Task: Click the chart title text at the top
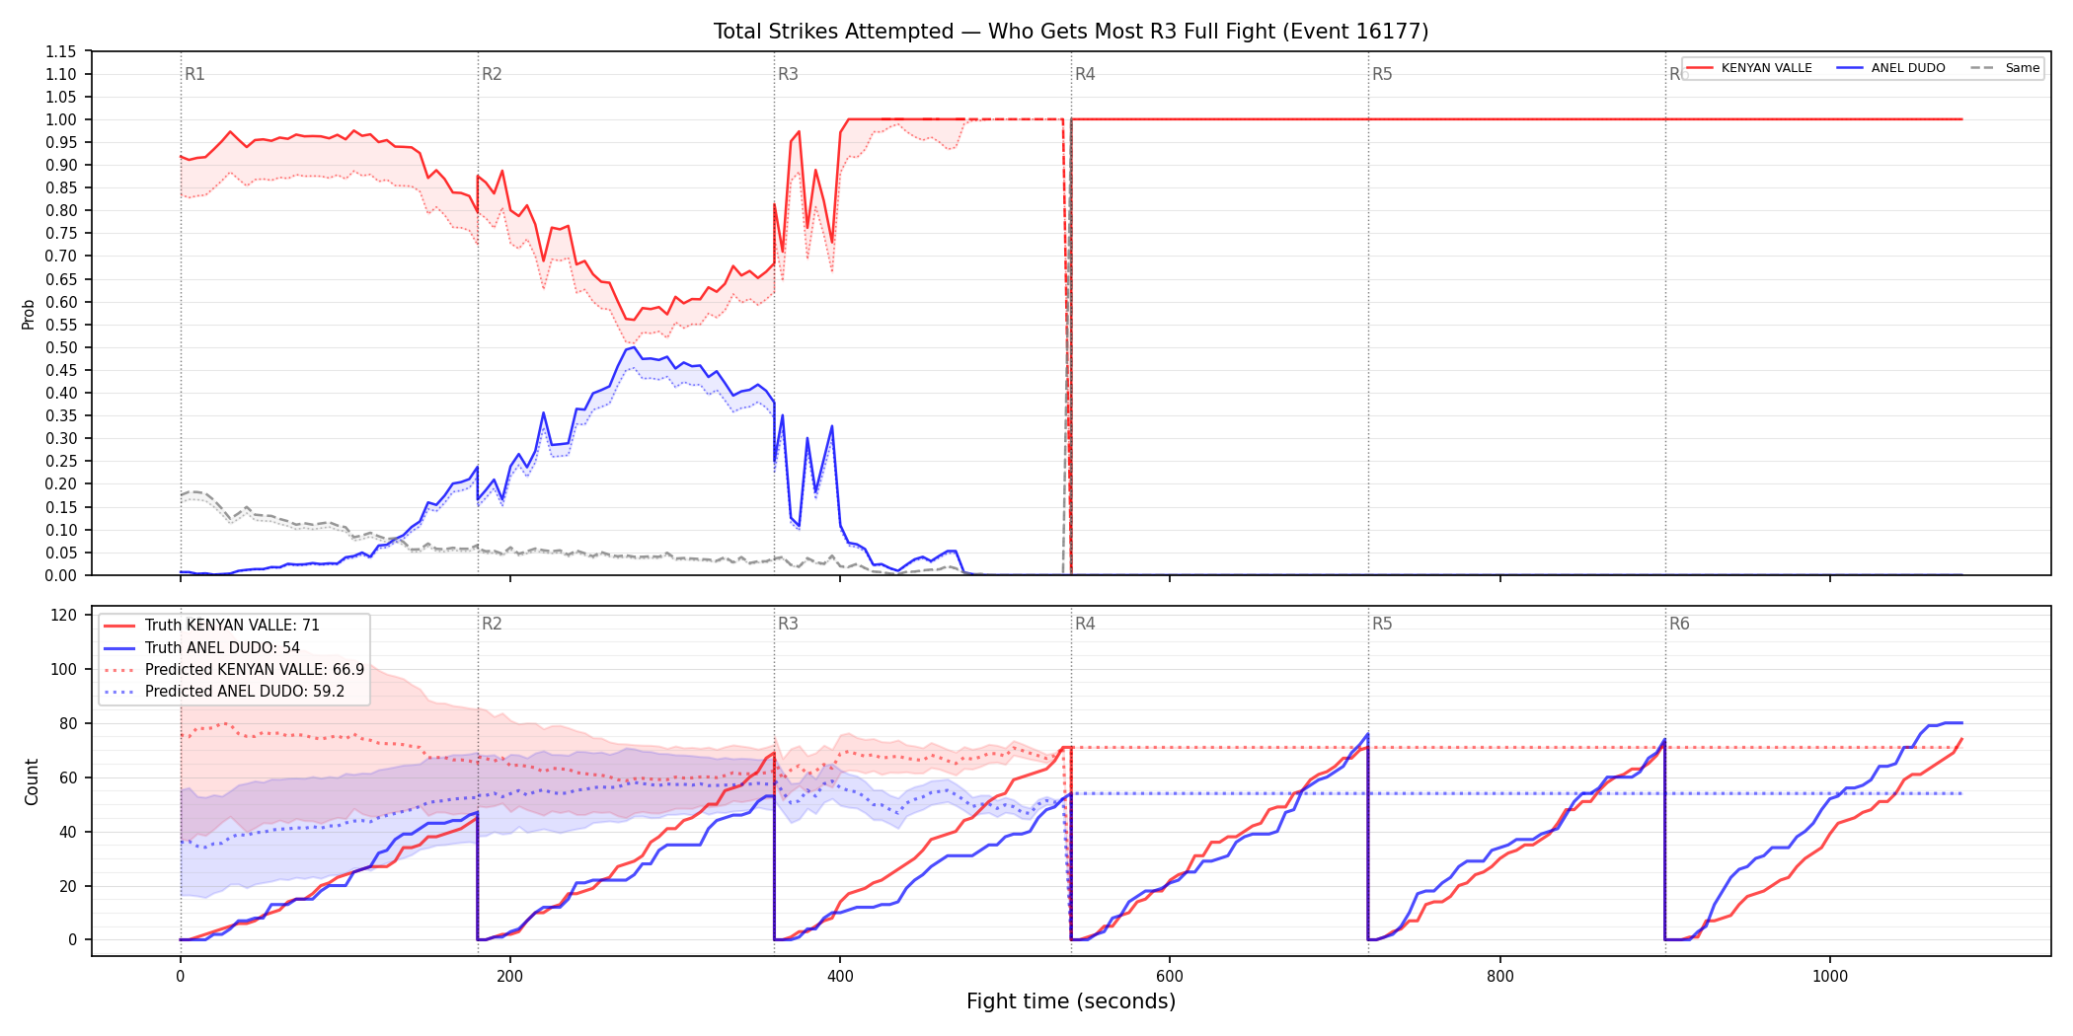[x=1071, y=32]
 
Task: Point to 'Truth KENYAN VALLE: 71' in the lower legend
[x=232, y=626]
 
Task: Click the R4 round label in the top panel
[x=1085, y=74]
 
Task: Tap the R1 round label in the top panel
[x=194, y=74]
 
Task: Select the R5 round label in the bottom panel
[x=1382, y=624]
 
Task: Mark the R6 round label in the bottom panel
[x=1679, y=624]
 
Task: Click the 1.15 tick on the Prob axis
[x=61, y=51]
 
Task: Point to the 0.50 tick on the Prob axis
[x=61, y=347]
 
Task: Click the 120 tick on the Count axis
[x=64, y=615]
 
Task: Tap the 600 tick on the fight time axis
[x=1170, y=977]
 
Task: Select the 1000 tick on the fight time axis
[x=1830, y=977]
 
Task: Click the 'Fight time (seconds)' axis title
[x=1071, y=1001]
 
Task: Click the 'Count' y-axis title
[x=32, y=781]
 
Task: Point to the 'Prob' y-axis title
[x=29, y=314]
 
